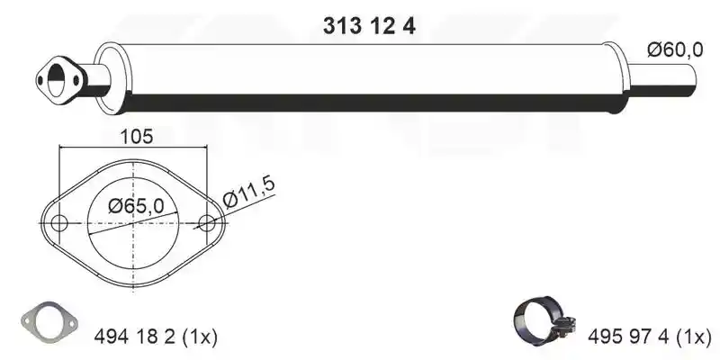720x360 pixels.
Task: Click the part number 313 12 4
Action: click(369, 26)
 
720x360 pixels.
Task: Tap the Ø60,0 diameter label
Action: click(675, 49)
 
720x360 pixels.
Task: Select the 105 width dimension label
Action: click(136, 137)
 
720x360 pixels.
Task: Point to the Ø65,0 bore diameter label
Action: click(136, 206)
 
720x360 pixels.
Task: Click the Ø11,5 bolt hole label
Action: click(249, 192)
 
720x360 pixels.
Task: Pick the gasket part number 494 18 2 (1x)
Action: click(155, 337)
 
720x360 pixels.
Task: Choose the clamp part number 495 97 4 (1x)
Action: click(649, 337)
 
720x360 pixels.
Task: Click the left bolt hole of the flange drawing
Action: click(58, 223)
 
